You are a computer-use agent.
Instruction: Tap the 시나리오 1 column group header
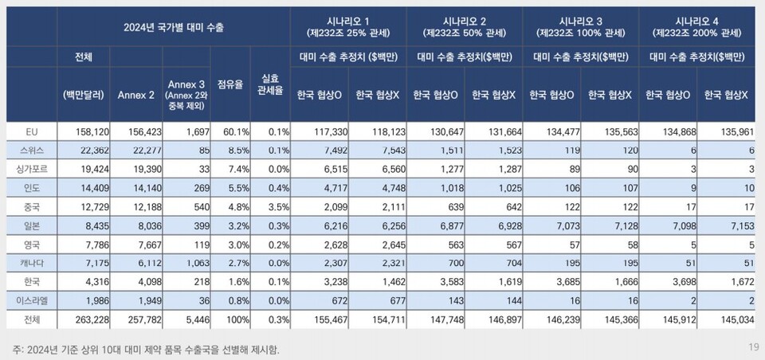click(348, 26)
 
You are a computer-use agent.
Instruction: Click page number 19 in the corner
click(753, 346)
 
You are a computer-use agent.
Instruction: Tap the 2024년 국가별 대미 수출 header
click(173, 27)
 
